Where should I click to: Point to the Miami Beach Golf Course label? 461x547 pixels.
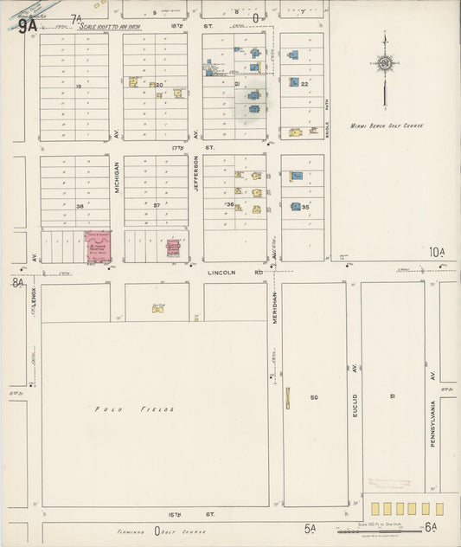(387, 125)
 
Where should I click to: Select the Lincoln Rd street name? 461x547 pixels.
(221, 272)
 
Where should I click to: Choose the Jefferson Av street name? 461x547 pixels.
(196, 173)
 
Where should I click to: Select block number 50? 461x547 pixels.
(315, 397)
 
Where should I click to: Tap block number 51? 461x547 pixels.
(392, 396)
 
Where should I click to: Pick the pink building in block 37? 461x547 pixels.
(174, 249)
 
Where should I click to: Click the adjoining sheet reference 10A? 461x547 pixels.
(437, 252)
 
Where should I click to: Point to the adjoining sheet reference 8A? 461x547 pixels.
(18, 282)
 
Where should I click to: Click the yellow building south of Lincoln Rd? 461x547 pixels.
(158, 306)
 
